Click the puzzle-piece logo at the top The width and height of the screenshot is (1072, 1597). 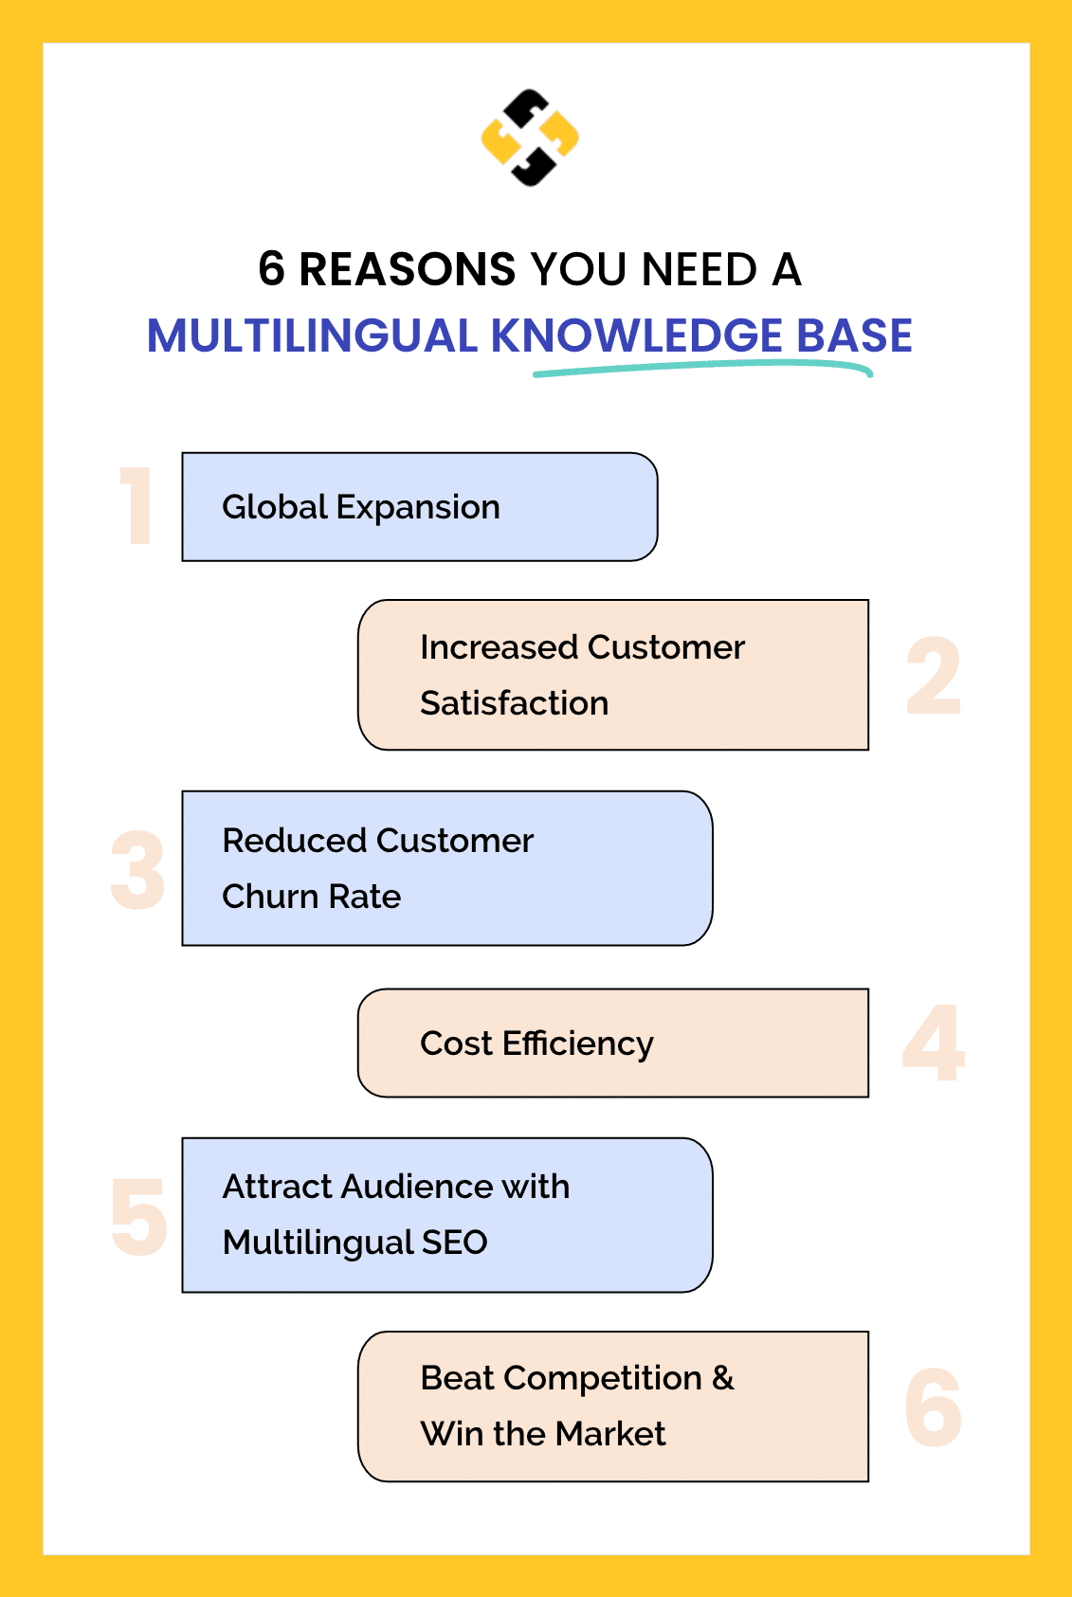(x=530, y=138)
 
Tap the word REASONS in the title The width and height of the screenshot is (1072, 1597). (x=408, y=269)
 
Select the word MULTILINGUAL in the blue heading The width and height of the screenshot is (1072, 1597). (x=312, y=336)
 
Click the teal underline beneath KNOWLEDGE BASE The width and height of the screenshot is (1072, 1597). (x=701, y=368)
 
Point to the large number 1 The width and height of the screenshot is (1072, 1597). (x=137, y=506)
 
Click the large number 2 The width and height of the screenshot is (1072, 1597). (x=934, y=676)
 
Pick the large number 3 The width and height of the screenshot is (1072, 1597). (x=138, y=870)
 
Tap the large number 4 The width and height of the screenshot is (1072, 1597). (x=934, y=1043)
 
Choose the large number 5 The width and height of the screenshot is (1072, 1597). (x=138, y=1216)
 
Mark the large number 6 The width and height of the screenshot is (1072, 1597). (x=934, y=1407)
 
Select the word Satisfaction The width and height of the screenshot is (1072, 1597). (x=514, y=703)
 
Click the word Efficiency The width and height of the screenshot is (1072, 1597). (x=577, y=1043)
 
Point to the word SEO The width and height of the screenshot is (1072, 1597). (x=454, y=1243)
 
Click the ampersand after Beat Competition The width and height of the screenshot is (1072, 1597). (x=723, y=1378)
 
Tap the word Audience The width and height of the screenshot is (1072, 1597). (x=417, y=1187)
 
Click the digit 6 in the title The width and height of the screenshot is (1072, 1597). (x=272, y=269)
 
